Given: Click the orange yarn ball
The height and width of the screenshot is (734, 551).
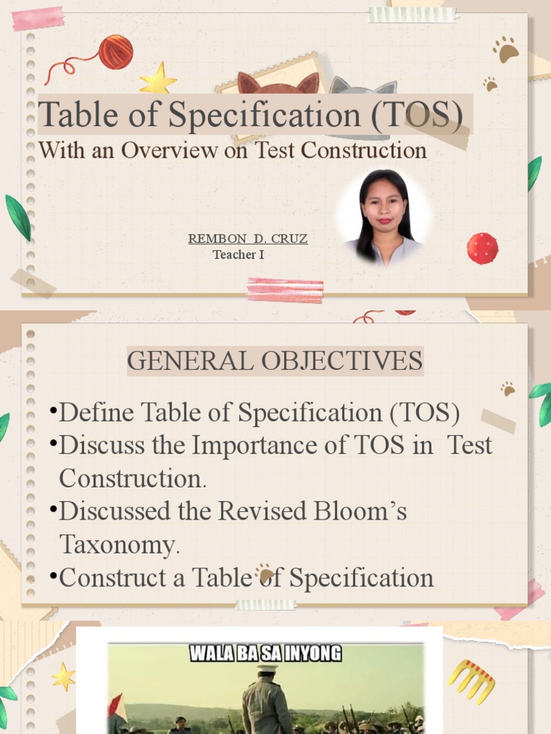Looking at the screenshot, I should pyautogui.click(x=116, y=52).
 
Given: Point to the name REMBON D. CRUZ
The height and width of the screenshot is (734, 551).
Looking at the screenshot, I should pyautogui.click(x=248, y=239).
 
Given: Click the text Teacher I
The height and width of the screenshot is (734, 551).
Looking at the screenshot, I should pyautogui.click(x=238, y=254).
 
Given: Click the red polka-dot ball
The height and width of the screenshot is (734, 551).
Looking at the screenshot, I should pyautogui.click(x=482, y=249).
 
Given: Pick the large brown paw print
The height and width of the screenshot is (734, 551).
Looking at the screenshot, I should pyautogui.click(x=507, y=50).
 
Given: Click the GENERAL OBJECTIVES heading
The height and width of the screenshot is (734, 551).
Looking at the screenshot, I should pyautogui.click(x=275, y=361).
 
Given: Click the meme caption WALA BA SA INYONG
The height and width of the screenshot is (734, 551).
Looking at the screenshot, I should pyautogui.click(x=265, y=654).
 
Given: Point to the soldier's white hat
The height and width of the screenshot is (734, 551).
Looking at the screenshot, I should pyautogui.click(x=267, y=668).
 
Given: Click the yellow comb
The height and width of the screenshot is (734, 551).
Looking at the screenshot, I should pyautogui.click(x=471, y=680).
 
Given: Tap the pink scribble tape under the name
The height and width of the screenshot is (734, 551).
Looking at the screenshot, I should pyautogui.click(x=285, y=290).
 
